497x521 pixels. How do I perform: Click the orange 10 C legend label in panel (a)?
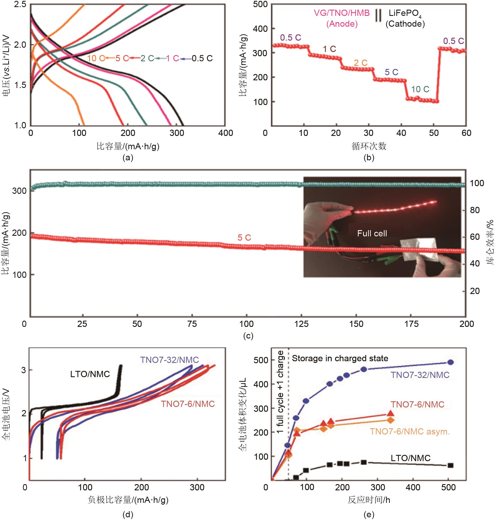(x=96, y=58)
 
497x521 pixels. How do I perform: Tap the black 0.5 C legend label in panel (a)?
(x=202, y=58)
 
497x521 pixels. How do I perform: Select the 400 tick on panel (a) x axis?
(x=226, y=133)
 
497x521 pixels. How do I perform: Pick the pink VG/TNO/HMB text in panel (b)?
(x=342, y=13)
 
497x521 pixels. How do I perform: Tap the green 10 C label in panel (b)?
(x=420, y=89)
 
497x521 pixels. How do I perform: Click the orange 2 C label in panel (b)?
(x=361, y=63)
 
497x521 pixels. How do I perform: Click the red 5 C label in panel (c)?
(x=244, y=238)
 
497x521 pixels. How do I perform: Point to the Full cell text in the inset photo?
(x=372, y=234)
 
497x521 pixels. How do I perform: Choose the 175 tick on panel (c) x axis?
(x=411, y=324)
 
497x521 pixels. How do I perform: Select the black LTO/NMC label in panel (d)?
(x=90, y=374)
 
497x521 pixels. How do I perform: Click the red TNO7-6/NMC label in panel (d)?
(x=188, y=404)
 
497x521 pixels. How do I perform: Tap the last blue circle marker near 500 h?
(x=450, y=362)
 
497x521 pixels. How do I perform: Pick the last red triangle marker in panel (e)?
(x=390, y=413)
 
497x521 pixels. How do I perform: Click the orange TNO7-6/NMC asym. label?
(x=410, y=432)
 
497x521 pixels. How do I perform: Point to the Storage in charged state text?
(x=340, y=358)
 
